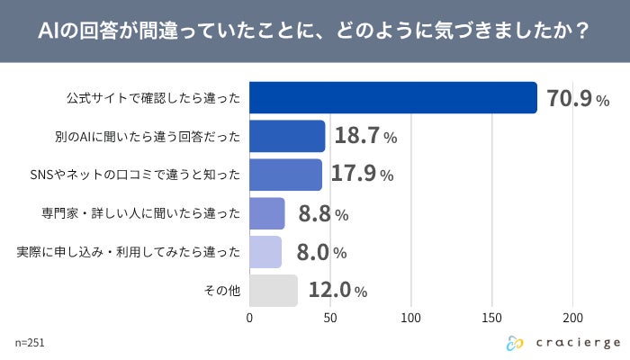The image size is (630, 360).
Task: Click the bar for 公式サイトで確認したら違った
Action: click(x=392, y=97)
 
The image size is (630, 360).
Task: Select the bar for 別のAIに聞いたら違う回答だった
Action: click(x=287, y=136)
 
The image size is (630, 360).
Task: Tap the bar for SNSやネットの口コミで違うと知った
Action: click(x=285, y=175)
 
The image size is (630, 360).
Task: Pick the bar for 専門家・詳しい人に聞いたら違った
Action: click(x=267, y=213)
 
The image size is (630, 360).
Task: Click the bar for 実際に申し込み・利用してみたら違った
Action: click(x=265, y=252)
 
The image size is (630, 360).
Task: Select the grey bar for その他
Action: click(x=274, y=291)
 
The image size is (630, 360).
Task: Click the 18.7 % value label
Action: click(x=365, y=137)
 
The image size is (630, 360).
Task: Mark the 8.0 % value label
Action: click(x=321, y=253)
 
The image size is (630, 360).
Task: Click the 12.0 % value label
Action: click(x=336, y=292)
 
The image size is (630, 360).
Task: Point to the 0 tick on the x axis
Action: click(x=249, y=318)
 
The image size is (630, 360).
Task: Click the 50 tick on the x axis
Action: click(x=330, y=318)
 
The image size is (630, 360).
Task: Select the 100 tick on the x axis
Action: click(x=411, y=318)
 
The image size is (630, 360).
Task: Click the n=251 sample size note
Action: click(x=30, y=343)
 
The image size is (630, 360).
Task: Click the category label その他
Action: click(x=220, y=291)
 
